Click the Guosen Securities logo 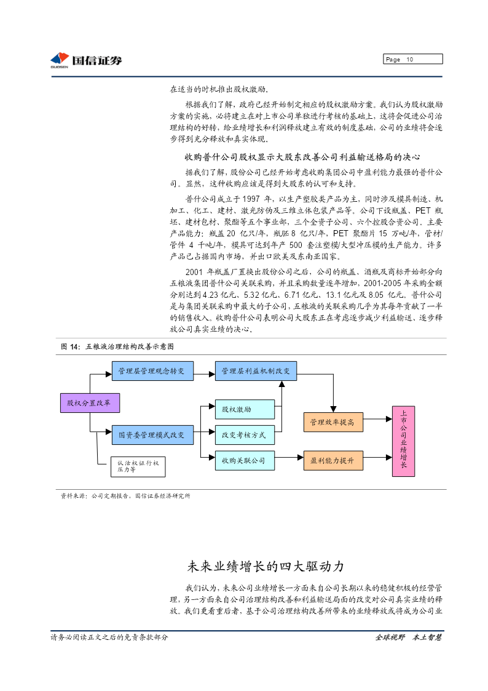(x=86, y=60)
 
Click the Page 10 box (x=413, y=59)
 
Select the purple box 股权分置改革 (x=90, y=403)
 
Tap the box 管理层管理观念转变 (x=152, y=371)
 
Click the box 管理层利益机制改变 (x=256, y=371)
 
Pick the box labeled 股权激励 (x=245, y=409)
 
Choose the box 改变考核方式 (x=245, y=435)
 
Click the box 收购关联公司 (x=245, y=460)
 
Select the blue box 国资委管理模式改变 (x=152, y=435)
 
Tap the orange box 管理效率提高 (x=333, y=422)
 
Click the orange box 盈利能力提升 (x=333, y=460)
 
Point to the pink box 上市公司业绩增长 (x=404, y=441)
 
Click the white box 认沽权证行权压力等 (x=138, y=466)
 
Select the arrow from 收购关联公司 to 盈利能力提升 (x=289, y=457)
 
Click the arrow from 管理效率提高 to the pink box (x=377, y=419)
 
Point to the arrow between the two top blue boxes (x=204, y=375)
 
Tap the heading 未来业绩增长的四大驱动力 (x=266, y=566)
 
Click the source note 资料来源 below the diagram (x=125, y=496)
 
